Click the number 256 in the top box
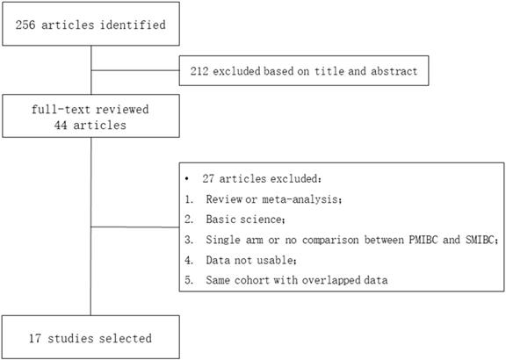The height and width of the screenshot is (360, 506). point(25,25)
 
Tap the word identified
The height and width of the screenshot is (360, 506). point(133,25)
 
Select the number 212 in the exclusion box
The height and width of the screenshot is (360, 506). point(199,71)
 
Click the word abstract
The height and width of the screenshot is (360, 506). point(394,71)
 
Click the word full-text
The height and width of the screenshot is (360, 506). point(61,110)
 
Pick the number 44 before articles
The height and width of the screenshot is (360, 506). point(61,125)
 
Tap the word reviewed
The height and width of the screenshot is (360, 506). point(122,110)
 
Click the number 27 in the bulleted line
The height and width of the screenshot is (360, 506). point(208,179)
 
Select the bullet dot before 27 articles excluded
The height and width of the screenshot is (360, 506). point(186,179)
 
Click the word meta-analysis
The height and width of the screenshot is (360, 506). point(301,199)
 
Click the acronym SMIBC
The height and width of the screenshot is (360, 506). point(481,240)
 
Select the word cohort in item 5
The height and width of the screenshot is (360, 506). point(252,280)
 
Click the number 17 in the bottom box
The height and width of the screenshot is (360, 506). point(35,338)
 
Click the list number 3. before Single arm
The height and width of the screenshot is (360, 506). point(189,240)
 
